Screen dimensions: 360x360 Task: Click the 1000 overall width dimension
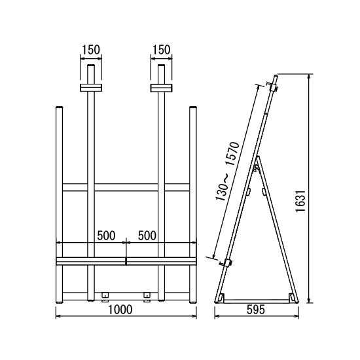click(x=120, y=310)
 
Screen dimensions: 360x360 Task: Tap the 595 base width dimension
click(x=256, y=310)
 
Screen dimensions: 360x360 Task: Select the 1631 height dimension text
click(x=301, y=201)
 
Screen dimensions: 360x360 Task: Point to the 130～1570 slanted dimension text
click(x=228, y=171)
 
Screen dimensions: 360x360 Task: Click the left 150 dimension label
click(x=91, y=50)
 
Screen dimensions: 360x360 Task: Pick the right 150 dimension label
click(x=162, y=50)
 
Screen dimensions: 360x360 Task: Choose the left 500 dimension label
click(x=106, y=236)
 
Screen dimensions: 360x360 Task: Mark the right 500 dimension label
click(x=147, y=236)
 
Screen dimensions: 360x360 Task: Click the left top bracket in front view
click(x=91, y=88)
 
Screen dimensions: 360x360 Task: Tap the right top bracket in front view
click(x=162, y=88)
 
